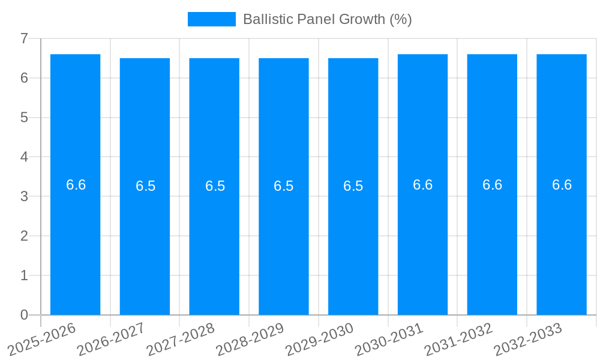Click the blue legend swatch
pyautogui.click(x=211, y=19)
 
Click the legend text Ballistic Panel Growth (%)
pyautogui.click(x=327, y=19)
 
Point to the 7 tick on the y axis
pyautogui.click(x=24, y=38)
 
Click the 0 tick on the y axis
pyautogui.click(x=24, y=315)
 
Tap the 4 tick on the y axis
pyautogui.click(x=24, y=157)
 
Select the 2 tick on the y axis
pyautogui.click(x=24, y=236)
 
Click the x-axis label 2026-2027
pyautogui.click(x=112, y=339)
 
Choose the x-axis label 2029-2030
pyautogui.click(x=320, y=339)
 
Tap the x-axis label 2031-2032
pyautogui.click(x=459, y=339)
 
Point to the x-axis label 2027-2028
pyautogui.click(x=181, y=339)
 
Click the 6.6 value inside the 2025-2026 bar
pyautogui.click(x=76, y=185)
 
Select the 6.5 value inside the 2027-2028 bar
pyautogui.click(x=215, y=186)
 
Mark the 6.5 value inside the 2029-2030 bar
pyautogui.click(x=353, y=186)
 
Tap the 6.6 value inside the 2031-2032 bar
pyautogui.click(x=492, y=185)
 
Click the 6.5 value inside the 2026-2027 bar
pyautogui.click(x=145, y=186)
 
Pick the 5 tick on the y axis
pyautogui.click(x=24, y=118)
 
